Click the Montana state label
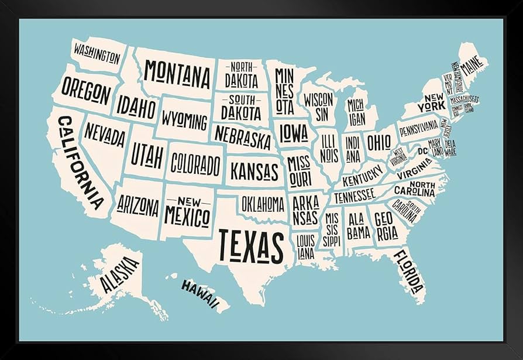(177, 74)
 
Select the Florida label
(408, 272)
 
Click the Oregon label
(85, 92)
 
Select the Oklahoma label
(263, 204)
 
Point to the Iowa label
(293, 134)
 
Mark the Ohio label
(379, 142)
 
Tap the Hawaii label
(199, 294)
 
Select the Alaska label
(120, 275)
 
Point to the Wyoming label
(184, 121)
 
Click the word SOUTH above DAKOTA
(242, 99)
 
